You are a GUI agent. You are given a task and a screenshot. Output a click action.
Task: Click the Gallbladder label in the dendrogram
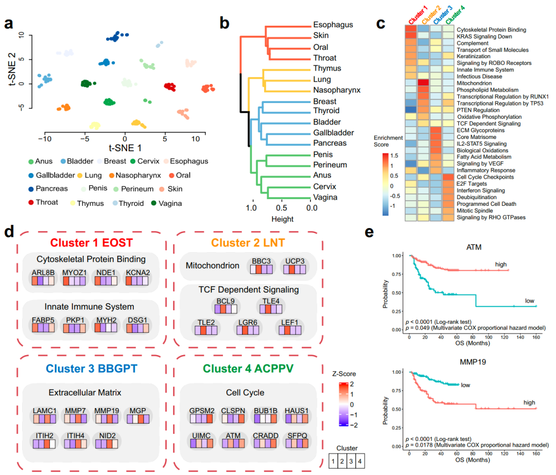tap(334, 133)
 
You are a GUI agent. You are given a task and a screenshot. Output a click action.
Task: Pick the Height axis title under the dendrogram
tap(283, 219)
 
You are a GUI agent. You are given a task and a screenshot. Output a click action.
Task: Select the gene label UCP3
tap(293, 261)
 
